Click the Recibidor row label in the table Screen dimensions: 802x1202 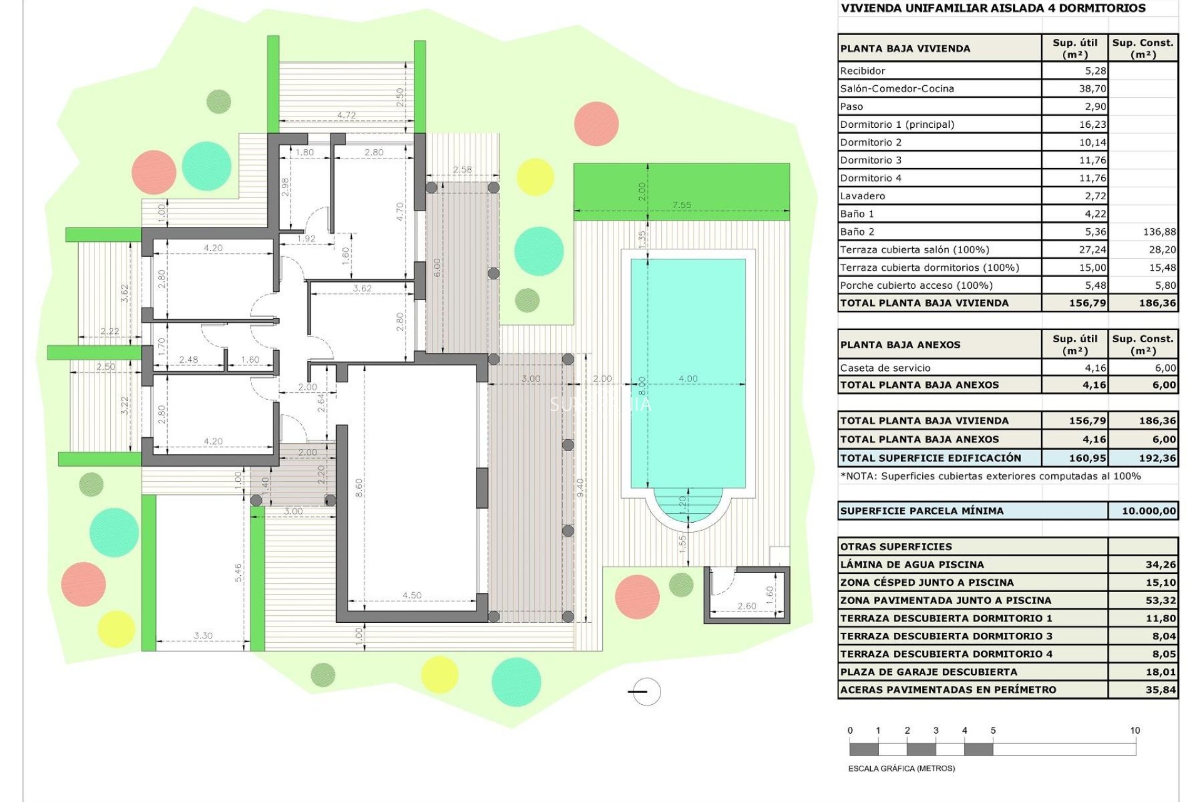pyautogui.click(x=863, y=71)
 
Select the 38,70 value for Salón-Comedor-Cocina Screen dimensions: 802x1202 pyautogui.click(x=1092, y=89)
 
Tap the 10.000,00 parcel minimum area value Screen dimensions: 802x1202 pyautogui.click(x=1148, y=511)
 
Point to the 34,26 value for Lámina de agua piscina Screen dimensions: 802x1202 pyautogui.click(x=1160, y=565)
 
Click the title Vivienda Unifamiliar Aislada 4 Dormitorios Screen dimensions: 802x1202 pyautogui.click(x=993, y=9)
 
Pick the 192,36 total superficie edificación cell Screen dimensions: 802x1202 pyautogui.click(x=1157, y=458)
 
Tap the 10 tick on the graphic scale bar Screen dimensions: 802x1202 pyautogui.click(x=1134, y=731)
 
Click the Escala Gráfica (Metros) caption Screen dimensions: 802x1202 pyautogui.click(x=901, y=768)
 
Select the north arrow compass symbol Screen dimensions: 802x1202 pyautogui.click(x=645, y=692)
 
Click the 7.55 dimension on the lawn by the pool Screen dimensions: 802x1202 pyautogui.click(x=681, y=205)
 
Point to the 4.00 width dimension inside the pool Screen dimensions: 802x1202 pyautogui.click(x=687, y=378)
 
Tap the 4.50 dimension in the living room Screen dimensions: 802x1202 pyautogui.click(x=412, y=595)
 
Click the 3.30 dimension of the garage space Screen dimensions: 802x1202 pyautogui.click(x=203, y=635)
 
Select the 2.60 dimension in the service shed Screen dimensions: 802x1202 pyautogui.click(x=746, y=606)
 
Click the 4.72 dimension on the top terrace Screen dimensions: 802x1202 pyautogui.click(x=346, y=115)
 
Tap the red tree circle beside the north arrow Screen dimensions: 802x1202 pyautogui.click(x=637, y=596)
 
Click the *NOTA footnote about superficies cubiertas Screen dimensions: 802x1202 pyautogui.click(x=990, y=476)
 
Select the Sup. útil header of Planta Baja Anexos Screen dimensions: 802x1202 pyautogui.click(x=1074, y=345)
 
